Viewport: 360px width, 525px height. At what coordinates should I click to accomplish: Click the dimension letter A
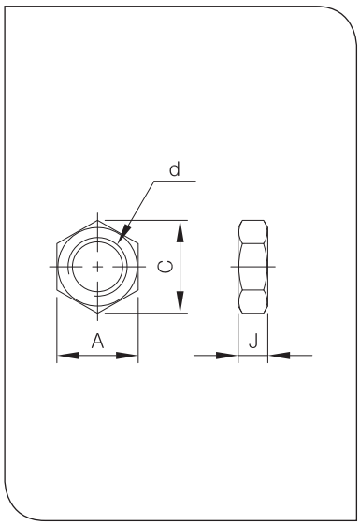pos(97,341)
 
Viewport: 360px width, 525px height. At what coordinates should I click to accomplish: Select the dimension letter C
pos(166,267)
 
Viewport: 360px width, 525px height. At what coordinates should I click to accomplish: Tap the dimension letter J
pos(253,341)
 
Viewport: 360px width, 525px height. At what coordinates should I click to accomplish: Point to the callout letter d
pos(174,169)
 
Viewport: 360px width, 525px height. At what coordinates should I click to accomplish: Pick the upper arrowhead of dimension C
pos(180,231)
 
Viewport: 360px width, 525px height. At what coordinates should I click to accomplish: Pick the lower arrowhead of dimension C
pos(180,302)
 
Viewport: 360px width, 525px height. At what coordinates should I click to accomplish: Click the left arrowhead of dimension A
pos(68,356)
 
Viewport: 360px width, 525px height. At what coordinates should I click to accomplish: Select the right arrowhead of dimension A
pos(127,356)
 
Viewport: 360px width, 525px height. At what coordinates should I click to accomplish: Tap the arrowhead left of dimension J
pos(227,356)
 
